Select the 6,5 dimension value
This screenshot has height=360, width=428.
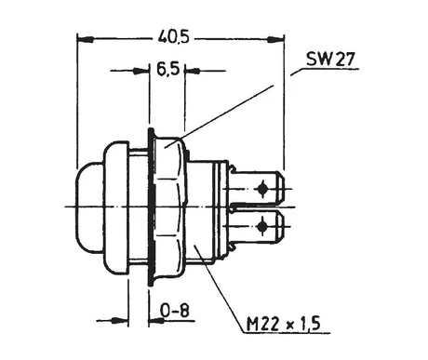tap(167, 69)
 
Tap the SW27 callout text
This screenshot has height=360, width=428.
tap(329, 59)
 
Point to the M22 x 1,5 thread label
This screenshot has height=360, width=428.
tap(283, 324)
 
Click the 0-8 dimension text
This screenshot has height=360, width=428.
tap(175, 310)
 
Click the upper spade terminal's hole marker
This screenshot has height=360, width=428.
tap(263, 188)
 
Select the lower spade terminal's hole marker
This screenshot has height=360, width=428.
tap(262, 226)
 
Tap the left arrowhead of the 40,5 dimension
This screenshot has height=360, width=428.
tap(86, 39)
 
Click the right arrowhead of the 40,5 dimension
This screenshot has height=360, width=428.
tap(275, 39)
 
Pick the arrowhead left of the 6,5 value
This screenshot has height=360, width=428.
tap(140, 71)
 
